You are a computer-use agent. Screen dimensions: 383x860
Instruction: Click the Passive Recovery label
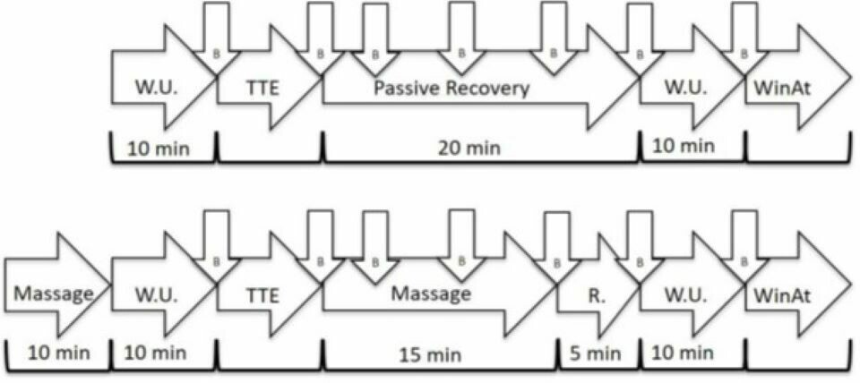[x=451, y=88]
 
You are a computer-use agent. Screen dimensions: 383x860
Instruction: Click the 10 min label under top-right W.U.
[x=684, y=145]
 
